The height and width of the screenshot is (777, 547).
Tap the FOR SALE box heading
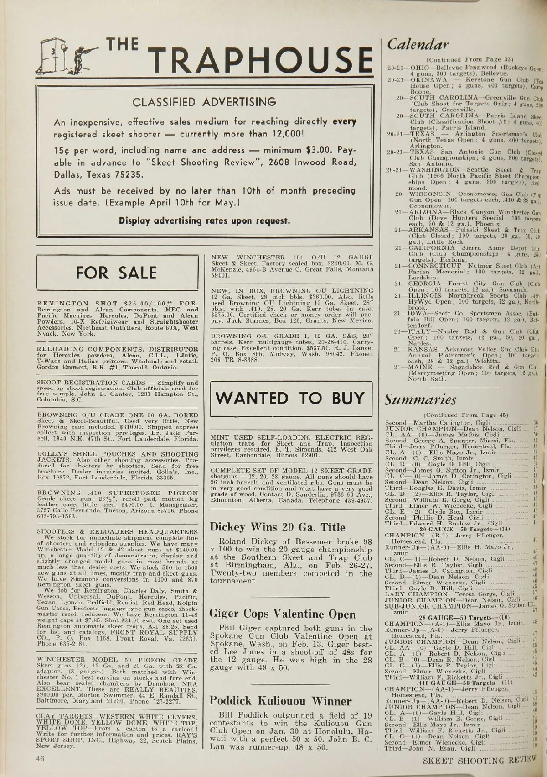pos(117,273)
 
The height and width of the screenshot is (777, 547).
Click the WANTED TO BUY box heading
pos(290,398)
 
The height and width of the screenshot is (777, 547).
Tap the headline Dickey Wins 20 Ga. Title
pos(277,527)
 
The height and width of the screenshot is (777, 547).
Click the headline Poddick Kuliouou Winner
pos(280,700)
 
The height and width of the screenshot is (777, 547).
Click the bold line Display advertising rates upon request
pos(204,221)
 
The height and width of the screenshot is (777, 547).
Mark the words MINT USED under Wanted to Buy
pos(232,437)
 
